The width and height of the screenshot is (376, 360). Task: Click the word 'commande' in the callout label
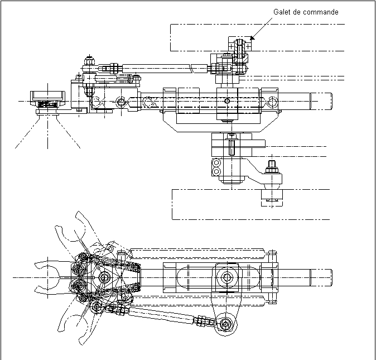[320, 12]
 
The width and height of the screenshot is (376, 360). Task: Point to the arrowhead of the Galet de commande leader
[252, 39]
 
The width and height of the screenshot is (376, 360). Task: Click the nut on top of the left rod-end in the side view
[89, 58]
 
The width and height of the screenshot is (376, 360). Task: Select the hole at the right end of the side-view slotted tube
[272, 101]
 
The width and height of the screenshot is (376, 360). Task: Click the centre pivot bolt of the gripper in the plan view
[104, 277]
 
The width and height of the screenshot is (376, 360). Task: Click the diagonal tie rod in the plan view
[162, 315]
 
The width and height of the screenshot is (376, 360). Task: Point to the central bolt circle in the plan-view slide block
[226, 277]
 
